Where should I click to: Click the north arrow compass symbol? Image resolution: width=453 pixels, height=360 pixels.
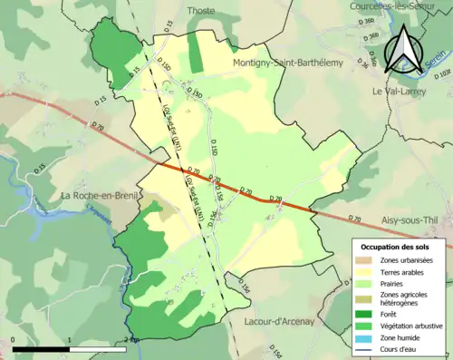point(405,50)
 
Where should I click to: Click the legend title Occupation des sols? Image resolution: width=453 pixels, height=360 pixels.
point(400,247)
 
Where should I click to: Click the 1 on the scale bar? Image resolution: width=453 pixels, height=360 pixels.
point(70,340)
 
